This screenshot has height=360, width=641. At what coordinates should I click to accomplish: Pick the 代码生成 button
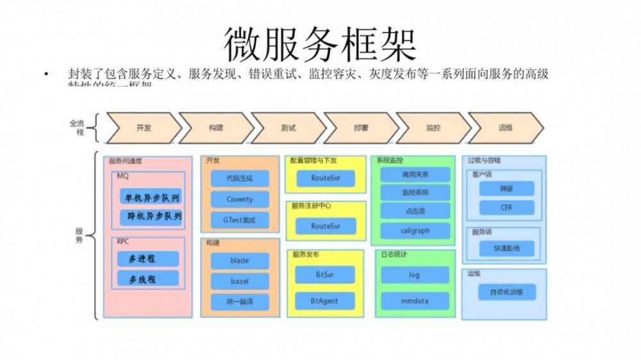point(240,178)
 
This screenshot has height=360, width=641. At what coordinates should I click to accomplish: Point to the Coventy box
point(240,199)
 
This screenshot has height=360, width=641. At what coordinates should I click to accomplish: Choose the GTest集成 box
point(240,220)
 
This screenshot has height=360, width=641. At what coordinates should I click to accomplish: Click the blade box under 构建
point(240,261)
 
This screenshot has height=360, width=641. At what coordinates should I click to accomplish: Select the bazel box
point(240,281)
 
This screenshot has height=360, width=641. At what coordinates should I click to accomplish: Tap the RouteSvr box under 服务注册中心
point(325,226)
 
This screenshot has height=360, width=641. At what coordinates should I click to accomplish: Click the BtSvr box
point(325,275)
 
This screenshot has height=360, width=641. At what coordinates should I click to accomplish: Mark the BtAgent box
point(325,300)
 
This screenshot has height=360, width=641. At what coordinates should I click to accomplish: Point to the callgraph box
point(415,231)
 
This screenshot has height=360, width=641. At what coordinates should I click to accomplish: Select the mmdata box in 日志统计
point(415,300)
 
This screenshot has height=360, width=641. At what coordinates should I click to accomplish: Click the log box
point(415,275)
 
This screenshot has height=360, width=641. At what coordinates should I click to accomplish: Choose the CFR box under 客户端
point(506,208)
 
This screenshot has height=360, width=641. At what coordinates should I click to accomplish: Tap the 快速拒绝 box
point(506,248)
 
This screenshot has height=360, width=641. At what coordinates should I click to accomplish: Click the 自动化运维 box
point(506,292)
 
